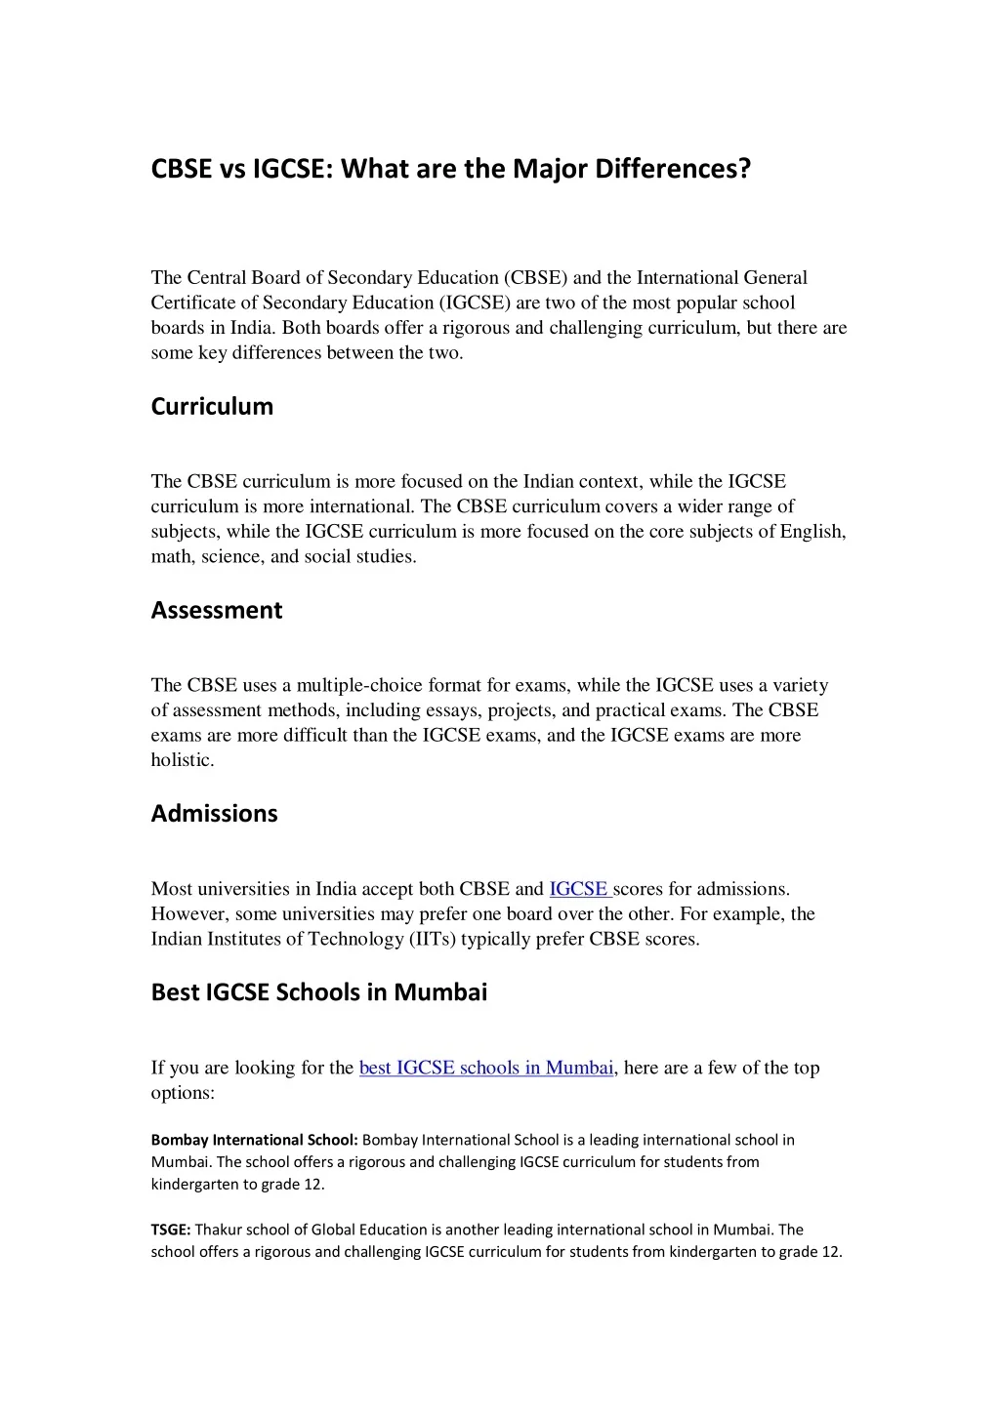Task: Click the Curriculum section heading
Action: (x=212, y=407)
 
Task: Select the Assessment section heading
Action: (x=216, y=611)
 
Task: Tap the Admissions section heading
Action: (x=214, y=814)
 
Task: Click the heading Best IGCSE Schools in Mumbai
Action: (x=318, y=992)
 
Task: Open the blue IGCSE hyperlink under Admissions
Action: (x=579, y=889)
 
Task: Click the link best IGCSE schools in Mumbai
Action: (x=485, y=1068)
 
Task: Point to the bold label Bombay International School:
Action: (x=255, y=1140)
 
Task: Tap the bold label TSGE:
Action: (x=170, y=1230)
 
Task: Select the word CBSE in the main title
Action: (x=181, y=169)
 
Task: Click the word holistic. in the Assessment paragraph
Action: (x=182, y=760)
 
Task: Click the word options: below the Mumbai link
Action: (x=182, y=1093)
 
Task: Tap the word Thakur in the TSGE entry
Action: (x=218, y=1230)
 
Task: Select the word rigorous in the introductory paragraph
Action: (x=475, y=328)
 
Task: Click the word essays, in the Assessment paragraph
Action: (x=453, y=710)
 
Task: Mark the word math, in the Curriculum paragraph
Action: (x=173, y=557)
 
